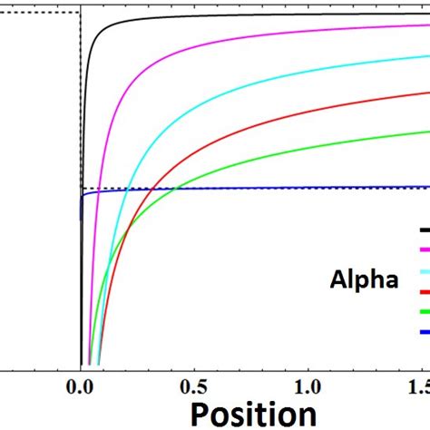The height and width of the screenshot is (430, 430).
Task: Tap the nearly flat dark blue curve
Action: pyautogui.click(x=272, y=188)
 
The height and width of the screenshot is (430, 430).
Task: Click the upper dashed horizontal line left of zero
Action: pyautogui.click(x=36, y=13)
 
